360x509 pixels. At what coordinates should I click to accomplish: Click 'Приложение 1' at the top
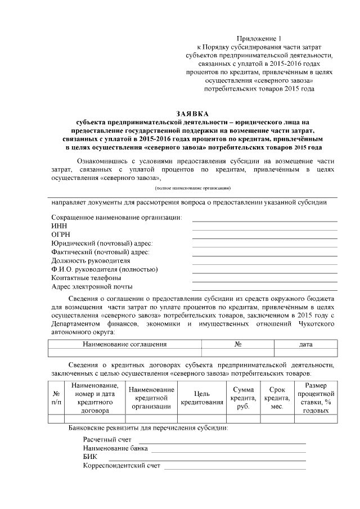pyautogui.click(x=259, y=37)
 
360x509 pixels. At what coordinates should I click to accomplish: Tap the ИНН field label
pyautogui.click(x=58, y=226)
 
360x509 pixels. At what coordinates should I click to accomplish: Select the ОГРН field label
pyautogui.click(x=60, y=234)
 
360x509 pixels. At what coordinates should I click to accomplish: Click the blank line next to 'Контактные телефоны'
pyautogui.click(x=264, y=281)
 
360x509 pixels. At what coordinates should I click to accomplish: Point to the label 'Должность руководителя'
pyautogui.click(x=91, y=260)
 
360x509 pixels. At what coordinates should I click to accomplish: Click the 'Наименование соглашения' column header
pyautogui.click(x=124, y=344)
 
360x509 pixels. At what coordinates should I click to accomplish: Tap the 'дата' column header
pyautogui.click(x=306, y=344)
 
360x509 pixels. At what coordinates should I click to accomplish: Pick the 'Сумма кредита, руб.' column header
pyautogui.click(x=243, y=398)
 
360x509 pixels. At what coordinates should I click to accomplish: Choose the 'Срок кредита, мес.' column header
pyautogui.click(x=276, y=398)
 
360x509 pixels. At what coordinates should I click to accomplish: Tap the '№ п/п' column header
pyautogui.click(x=56, y=398)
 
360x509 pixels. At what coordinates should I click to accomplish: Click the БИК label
pyautogui.click(x=89, y=457)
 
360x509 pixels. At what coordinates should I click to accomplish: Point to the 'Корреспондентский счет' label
pyautogui.click(x=121, y=466)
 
